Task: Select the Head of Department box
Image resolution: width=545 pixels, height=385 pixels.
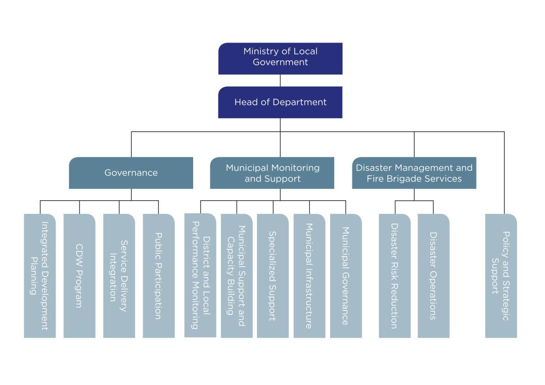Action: tap(280, 102)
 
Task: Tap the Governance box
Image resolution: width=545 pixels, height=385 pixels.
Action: tap(131, 173)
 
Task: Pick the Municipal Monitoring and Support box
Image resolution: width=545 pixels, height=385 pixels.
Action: tap(272, 173)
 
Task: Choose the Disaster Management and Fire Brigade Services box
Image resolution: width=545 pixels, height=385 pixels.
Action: tap(414, 173)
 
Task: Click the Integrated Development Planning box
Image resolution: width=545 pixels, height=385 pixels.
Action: tap(39, 276)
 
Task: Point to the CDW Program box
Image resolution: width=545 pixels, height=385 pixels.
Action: tap(79, 276)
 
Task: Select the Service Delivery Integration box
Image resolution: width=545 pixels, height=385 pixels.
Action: tap(119, 276)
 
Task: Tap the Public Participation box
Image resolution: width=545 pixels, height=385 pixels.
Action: tap(159, 276)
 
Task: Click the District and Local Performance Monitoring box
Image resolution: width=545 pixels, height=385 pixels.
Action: tap(200, 275)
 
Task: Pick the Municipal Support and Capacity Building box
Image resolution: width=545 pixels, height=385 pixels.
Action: tap(237, 276)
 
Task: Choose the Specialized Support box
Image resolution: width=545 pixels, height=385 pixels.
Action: tap(272, 276)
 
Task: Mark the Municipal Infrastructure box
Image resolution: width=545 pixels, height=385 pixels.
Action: tap(309, 276)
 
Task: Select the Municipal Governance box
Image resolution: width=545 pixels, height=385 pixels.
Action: tap(346, 276)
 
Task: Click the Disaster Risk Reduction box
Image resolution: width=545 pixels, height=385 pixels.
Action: tap(394, 276)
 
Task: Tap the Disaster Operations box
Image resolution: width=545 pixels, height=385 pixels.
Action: tap(433, 276)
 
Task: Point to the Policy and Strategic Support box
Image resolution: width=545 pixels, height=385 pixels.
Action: tap(501, 276)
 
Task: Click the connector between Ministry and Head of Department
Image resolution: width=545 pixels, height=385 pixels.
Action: tap(280, 80)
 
